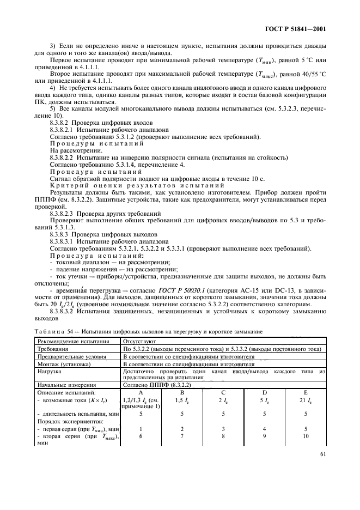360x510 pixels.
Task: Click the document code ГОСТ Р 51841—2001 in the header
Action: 299,28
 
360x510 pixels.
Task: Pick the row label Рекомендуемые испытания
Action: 68,341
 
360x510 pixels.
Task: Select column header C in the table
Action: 224,392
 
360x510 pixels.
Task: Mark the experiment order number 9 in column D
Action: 264,436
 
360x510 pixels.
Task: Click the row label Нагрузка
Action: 49,371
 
